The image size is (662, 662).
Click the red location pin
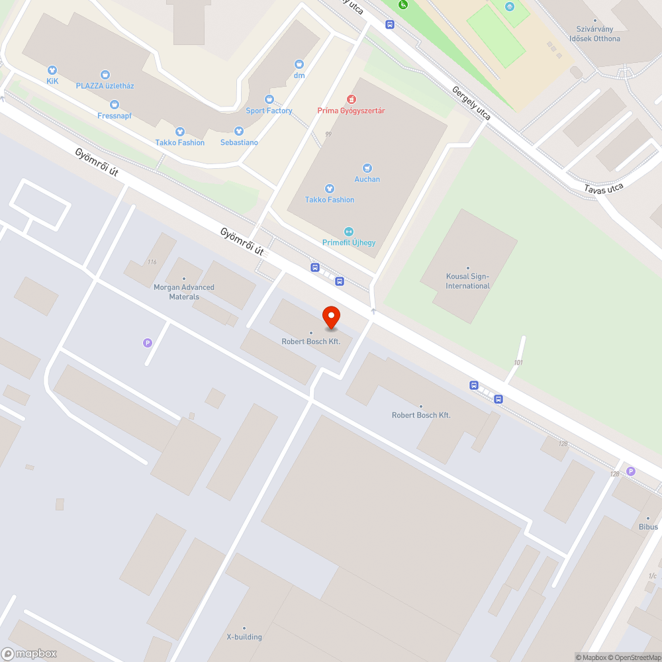[x=330, y=317]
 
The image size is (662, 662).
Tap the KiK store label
[x=52, y=81]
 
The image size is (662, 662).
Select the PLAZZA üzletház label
[x=105, y=85]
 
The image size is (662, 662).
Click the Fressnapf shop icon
[x=115, y=105]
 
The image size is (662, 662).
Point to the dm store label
[x=299, y=75]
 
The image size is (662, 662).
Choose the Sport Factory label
[x=269, y=111]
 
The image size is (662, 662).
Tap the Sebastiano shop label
[x=239, y=142]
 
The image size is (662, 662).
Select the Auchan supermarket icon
[x=367, y=168]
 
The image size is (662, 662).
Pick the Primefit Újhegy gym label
[x=349, y=242]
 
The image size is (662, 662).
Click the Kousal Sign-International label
[x=468, y=281]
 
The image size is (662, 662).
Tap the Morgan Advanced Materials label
[x=184, y=292]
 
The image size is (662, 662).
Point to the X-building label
[x=244, y=637]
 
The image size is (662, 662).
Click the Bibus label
[x=648, y=526]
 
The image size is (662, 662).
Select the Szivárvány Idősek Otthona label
[x=595, y=34]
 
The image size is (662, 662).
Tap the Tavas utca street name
[x=603, y=189]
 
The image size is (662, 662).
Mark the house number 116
[x=152, y=262]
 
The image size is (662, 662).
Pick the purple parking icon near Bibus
[x=631, y=471]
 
